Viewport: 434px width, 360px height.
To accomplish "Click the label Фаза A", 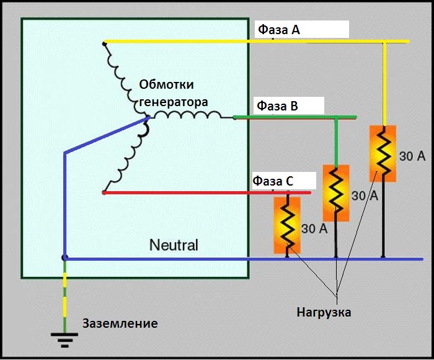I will [x=279, y=30].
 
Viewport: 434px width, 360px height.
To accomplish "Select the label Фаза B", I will [x=278, y=106].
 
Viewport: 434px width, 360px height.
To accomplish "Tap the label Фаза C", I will [x=273, y=181].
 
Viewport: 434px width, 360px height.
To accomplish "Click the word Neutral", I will [x=174, y=245].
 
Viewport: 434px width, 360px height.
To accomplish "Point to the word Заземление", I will [x=120, y=323].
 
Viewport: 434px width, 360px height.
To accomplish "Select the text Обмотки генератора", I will [x=170, y=93].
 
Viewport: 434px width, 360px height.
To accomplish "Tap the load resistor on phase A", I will [x=383, y=154].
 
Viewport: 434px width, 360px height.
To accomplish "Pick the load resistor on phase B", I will [x=336, y=192].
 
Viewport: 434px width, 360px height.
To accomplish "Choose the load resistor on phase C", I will [x=287, y=224].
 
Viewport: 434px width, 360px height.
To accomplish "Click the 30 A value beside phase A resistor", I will [x=412, y=156].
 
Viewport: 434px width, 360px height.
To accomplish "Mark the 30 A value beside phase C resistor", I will [x=314, y=228].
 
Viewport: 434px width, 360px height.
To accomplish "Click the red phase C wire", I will [x=186, y=192].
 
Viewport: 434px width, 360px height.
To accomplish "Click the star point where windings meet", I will [x=147, y=117].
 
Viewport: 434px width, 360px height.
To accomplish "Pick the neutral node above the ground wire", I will [x=64, y=257].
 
